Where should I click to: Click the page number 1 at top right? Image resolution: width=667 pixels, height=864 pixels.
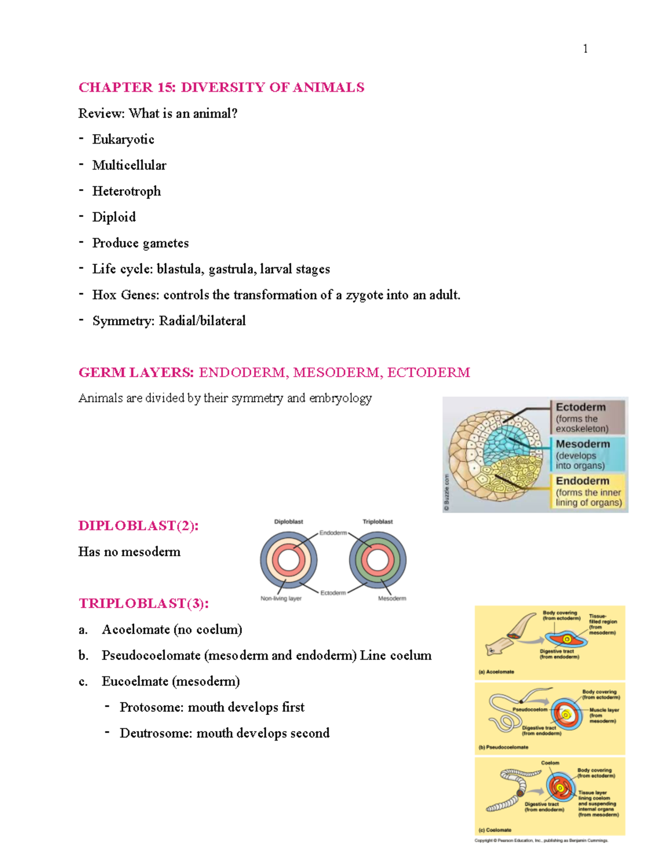click(585, 49)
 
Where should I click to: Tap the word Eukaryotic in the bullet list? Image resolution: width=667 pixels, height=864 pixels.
click(123, 139)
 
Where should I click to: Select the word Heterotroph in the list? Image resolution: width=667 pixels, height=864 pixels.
click(126, 191)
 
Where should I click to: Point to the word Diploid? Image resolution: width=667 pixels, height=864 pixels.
click(114, 217)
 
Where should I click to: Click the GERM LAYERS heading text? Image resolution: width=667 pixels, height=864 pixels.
click(136, 372)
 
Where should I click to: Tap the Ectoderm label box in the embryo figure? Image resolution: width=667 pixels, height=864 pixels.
click(587, 417)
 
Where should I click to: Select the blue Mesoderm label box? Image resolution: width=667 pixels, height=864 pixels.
click(587, 454)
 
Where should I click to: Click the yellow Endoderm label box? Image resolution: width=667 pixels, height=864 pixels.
click(588, 491)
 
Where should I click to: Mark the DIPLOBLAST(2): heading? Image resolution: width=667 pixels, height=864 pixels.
click(138, 526)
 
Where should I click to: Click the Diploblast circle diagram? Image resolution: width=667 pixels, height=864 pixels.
click(288, 560)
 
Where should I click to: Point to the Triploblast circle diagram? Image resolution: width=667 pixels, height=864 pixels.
click(377, 560)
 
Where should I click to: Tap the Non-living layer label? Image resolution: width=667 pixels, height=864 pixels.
click(281, 599)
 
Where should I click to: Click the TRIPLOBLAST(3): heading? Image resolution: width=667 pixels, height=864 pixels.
click(143, 604)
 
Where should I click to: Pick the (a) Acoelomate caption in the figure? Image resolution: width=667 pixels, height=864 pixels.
click(496, 672)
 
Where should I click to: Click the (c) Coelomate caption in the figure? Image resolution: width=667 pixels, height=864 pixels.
click(495, 830)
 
